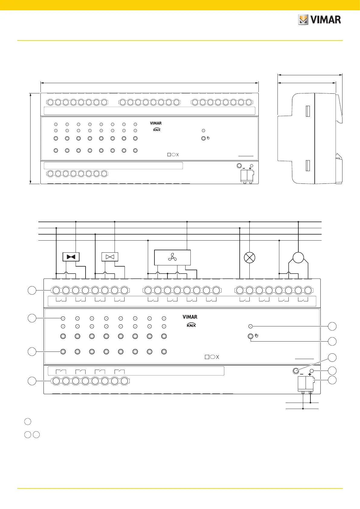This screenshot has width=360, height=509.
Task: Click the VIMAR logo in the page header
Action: (x=319, y=20)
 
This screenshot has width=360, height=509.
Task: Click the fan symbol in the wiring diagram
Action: (x=172, y=258)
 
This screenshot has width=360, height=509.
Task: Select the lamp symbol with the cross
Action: (x=249, y=258)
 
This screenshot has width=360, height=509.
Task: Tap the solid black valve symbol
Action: (x=71, y=257)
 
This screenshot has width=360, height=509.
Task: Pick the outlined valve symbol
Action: (x=110, y=257)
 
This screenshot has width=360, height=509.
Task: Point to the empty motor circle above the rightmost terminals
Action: (x=298, y=258)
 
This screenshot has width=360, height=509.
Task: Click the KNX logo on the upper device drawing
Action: (x=157, y=129)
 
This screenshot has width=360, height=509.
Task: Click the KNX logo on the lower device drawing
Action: (x=191, y=325)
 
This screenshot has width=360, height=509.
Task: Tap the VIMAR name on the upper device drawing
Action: (x=156, y=123)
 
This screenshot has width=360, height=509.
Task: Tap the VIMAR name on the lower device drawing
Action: (x=190, y=317)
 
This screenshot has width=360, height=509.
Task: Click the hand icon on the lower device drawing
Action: (x=257, y=336)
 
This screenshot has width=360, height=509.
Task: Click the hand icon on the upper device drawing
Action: (x=208, y=138)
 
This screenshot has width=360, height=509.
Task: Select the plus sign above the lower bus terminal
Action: (x=310, y=374)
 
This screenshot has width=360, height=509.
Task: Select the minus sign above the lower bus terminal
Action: (x=301, y=374)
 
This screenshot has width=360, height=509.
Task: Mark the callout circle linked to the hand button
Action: (x=332, y=342)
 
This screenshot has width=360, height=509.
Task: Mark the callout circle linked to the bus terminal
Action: (x=332, y=380)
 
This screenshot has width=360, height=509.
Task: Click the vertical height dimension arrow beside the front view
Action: (x=30, y=138)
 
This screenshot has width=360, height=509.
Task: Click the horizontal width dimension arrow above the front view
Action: (x=150, y=82)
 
